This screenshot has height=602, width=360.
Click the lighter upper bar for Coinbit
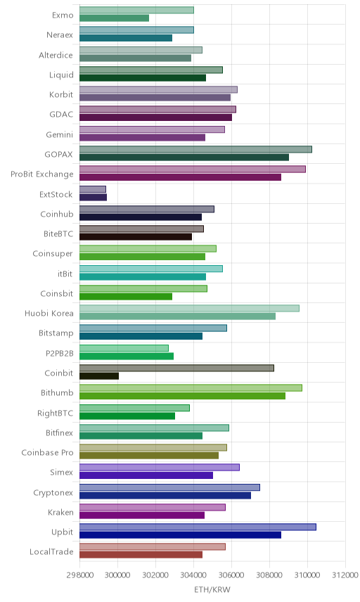tap(176, 368)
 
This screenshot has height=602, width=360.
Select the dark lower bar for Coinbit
tap(99, 376)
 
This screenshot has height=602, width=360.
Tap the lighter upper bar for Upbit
tap(198, 527)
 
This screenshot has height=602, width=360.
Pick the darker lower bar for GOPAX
tap(184, 157)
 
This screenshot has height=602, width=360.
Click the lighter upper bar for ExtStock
tap(93, 189)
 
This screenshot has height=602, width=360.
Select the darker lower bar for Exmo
tap(114, 18)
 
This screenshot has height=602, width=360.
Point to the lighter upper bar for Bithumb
tap(191, 388)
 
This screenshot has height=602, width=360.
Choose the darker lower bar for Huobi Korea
tap(177, 316)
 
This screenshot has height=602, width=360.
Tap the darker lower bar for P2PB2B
tap(127, 356)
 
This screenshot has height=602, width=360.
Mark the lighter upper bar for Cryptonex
tap(169, 487)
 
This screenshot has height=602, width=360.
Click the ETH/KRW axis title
tap(212, 589)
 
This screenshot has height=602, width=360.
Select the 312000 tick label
tap(345, 575)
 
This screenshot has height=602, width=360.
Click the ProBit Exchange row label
tap(41, 174)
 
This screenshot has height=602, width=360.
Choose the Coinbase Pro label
tap(47, 452)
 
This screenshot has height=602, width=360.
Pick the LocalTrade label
tap(51, 551)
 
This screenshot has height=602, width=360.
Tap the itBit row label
tap(65, 274)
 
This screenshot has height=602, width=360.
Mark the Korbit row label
tap(61, 94)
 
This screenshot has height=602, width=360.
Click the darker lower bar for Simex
tap(146, 475)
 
